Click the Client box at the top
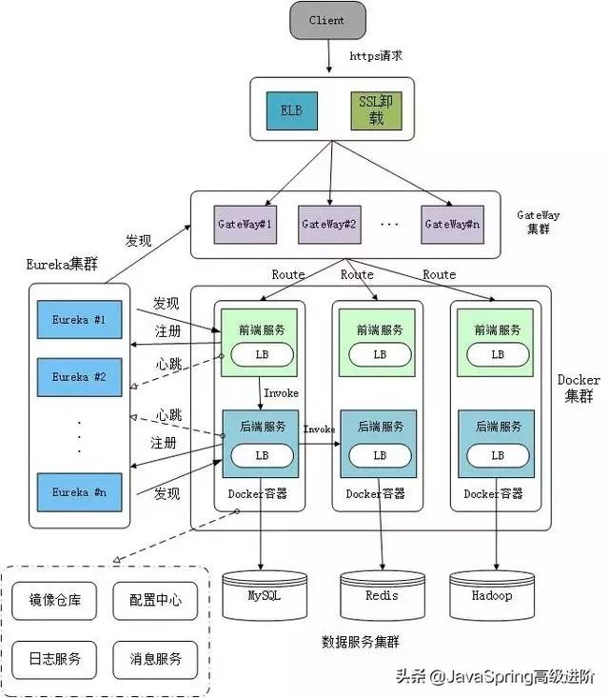(326, 21)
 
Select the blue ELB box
(290, 111)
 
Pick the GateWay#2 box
(328, 224)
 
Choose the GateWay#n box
(451, 224)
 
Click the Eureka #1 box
(78, 320)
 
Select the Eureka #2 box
(78, 377)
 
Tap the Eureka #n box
(78, 492)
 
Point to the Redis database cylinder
(381, 596)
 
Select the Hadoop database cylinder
(492, 596)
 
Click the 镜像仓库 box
(55, 601)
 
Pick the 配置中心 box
(155, 601)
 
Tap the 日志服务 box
(55, 658)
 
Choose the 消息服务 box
(155, 658)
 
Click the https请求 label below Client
(376, 56)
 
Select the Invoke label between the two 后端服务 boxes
(319, 429)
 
